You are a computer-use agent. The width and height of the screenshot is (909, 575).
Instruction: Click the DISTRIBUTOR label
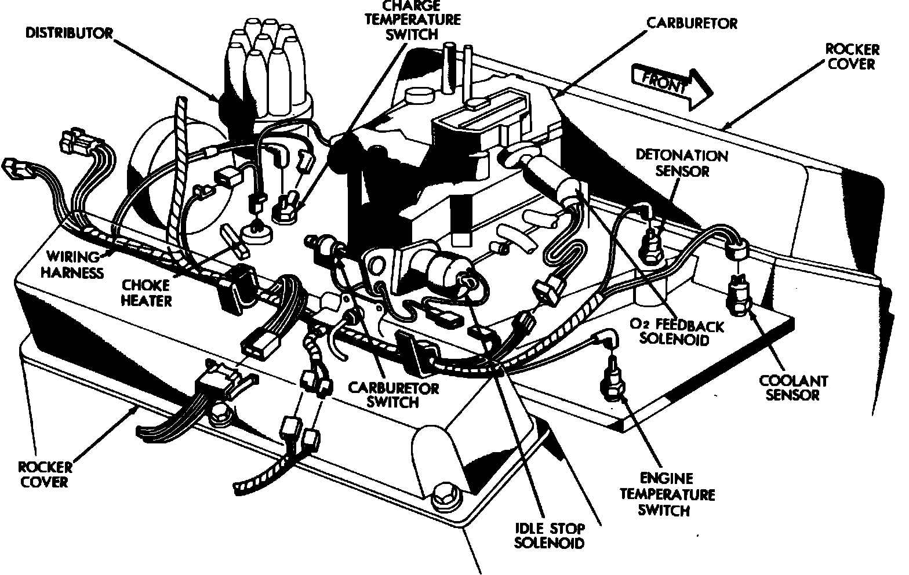pos(69,32)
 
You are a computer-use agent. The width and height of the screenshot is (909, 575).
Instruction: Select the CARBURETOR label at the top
pos(692,23)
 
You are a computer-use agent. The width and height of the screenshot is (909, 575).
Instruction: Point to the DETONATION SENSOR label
pos(681,163)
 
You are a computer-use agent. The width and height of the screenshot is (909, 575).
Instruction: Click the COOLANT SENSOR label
pos(793,388)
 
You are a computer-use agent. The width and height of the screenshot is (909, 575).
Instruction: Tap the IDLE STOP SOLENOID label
pos(549,536)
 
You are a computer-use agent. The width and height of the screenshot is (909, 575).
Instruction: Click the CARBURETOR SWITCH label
pos(393,394)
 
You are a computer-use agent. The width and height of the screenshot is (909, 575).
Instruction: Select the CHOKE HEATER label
pos(146,293)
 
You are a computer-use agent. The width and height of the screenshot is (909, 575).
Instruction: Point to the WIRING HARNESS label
pos(75,264)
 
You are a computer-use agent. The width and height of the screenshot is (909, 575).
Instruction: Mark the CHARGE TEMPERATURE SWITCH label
pos(413,20)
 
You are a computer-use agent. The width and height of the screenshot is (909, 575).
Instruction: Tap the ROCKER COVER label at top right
pos(852,56)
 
